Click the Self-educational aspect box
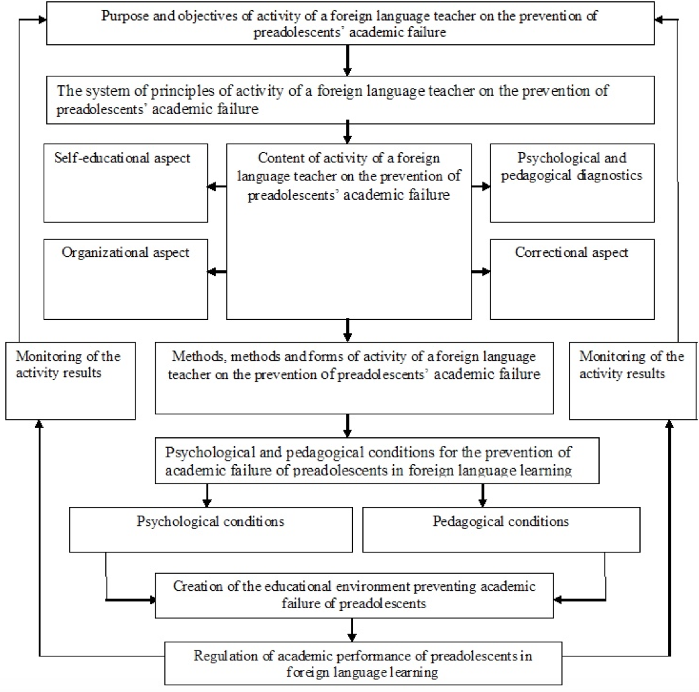click(x=125, y=182)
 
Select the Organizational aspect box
click(x=125, y=280)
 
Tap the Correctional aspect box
click(x=572, y=280)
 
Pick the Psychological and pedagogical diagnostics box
click(x=572, y=182)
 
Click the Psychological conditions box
click(x=211, y=530)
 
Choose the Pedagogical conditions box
click(x=502, y=530)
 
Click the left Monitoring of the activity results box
click(x=70, y=381)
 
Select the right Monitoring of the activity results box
click(x=633, y=381)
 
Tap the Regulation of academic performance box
click(x=364, y=663)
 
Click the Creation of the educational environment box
click(x=354, y=595)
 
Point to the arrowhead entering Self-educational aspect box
click(x=212, y=186)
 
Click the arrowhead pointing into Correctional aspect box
click(x=486, y=272)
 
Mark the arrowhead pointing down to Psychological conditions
click(x=207, y=502)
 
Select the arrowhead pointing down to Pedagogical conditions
click(x=483, y=502)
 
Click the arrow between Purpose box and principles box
click(x=347, y=60)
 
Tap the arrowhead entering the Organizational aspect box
click(x=212, y=272)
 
